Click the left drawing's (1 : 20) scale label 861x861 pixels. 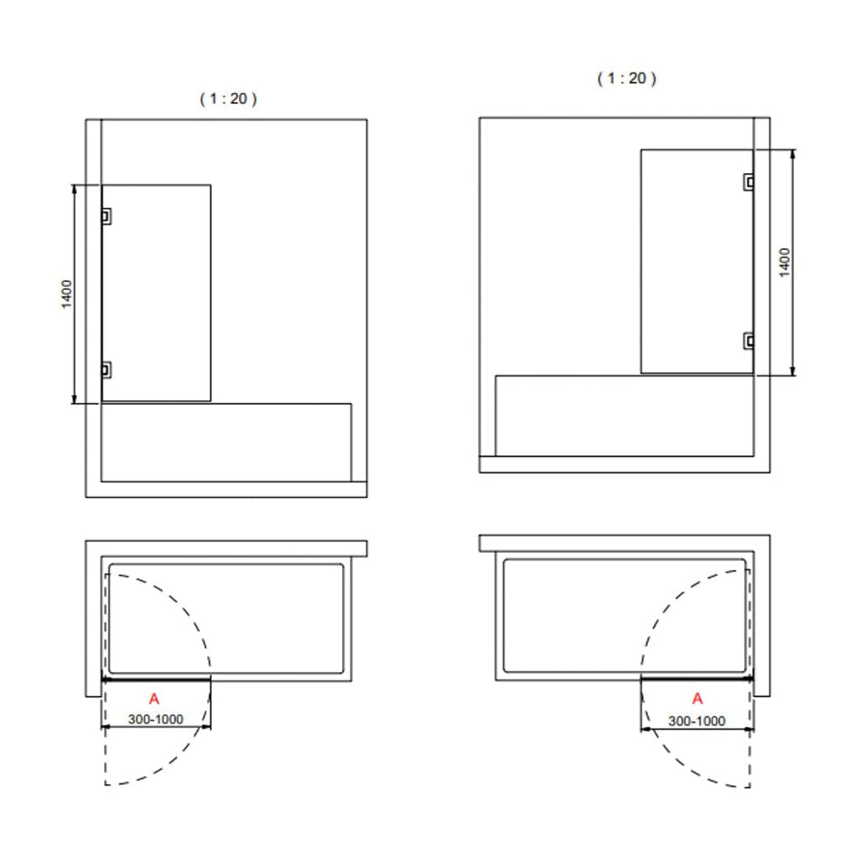point(228,99)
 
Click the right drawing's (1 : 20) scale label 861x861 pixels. point(627,78)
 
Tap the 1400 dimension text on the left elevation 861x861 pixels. point(67,295)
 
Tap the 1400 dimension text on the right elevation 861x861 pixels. point(784,262)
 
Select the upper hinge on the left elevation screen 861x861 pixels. point(107,216)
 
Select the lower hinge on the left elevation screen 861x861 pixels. point(107,370)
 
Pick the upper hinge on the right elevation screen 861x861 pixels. point(749,182)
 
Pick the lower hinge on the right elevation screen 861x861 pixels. point(749,341)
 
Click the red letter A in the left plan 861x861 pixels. point(154,699)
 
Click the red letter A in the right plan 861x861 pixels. point(698,699)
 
